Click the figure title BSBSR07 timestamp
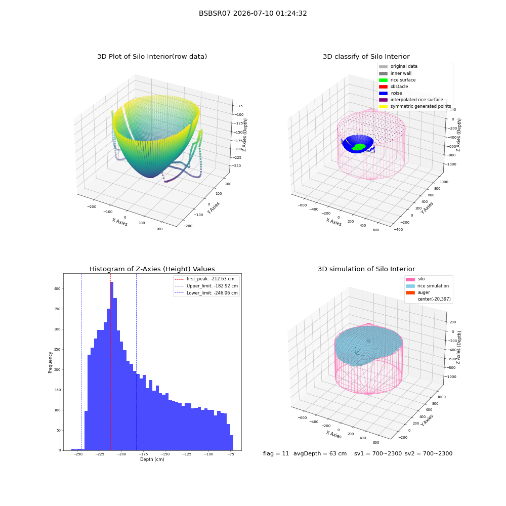click(x=252, y=14)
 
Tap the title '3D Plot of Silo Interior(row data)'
click(x=152, y=57)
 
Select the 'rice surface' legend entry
click(x=397, y=80)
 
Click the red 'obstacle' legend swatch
click(x=383, y=87)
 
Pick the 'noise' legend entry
click(x=390, y=93)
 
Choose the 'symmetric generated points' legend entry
click(x=415, y=106)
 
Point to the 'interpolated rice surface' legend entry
click(x=411, y=100)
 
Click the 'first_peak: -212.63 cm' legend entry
click(x=204, y=279)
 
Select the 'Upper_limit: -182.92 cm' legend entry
click(x=206, y=286)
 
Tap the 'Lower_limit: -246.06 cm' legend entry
click(x=206, y=293)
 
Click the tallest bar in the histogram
click(x=112, y=366)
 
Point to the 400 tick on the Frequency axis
click(x=57, y=289)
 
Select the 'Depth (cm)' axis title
click(x=152, y=459)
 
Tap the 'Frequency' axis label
click(x=50, y=362)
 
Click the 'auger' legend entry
click(x=418, y=292)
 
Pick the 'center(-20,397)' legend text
click(x=434, y=299)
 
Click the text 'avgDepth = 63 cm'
click(x=320, y=454)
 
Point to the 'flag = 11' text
click(x=276, y=454)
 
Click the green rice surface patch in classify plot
click(x=359, y=147)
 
